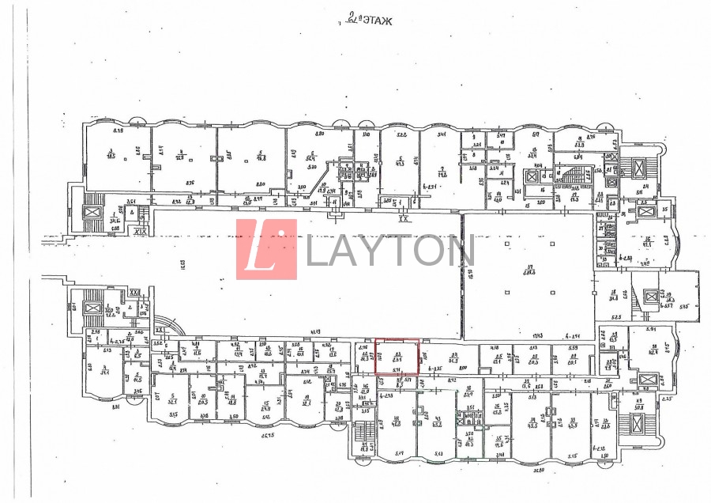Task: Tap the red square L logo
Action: [x=266, y=249]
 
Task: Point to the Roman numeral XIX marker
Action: [x=141, y=233]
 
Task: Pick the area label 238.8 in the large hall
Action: [x=529, y=273]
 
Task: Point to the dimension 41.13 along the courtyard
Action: [x=314, y=331]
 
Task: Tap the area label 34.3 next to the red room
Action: [x=454, y=361]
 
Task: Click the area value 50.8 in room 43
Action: [x=639, y=407]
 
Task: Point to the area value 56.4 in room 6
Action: [x=312, y=158]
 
